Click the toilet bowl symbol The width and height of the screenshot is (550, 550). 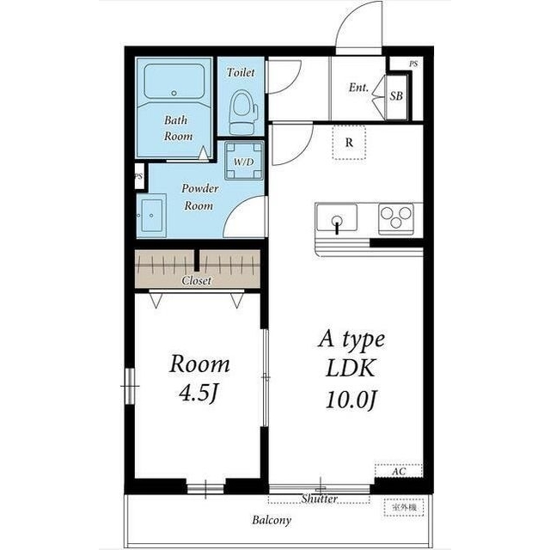242,112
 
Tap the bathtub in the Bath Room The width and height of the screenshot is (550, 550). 174,82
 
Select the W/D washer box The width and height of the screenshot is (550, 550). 244,161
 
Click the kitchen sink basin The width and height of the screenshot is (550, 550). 337,217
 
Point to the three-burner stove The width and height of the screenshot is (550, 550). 396,218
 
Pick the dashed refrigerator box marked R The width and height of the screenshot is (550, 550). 349,143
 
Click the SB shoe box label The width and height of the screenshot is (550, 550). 396,95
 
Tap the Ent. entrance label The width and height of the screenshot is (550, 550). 358,88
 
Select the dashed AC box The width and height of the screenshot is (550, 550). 399,471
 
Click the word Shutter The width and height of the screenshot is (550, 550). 320,498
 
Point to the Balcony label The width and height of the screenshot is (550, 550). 272,520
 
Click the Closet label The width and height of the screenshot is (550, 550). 197,281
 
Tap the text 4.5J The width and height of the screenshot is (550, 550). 199,394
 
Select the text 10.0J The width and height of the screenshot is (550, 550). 351,400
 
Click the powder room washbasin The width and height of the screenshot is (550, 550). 151,216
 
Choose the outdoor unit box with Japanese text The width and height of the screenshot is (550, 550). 404,507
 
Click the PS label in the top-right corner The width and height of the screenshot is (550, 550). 413,64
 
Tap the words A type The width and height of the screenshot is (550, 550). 351,339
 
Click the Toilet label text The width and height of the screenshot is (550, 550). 241,72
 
